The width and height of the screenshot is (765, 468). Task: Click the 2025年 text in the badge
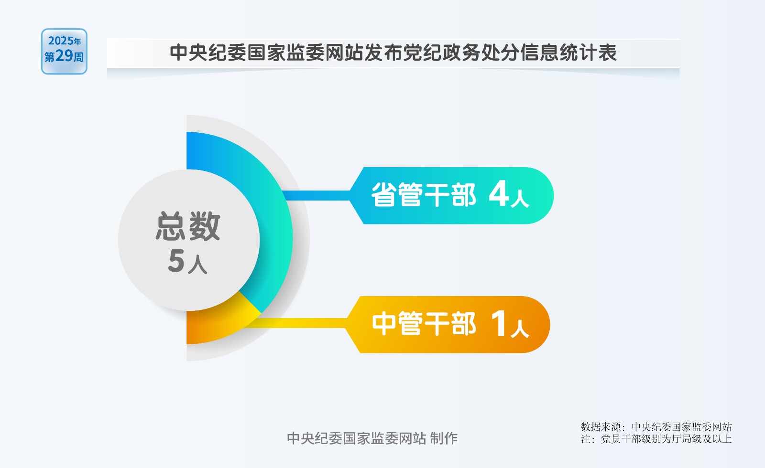tap(65, 41)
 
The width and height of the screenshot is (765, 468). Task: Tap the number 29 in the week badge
tap(64, 55)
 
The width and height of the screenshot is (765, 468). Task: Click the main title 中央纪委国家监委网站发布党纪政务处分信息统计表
tap(393, 53)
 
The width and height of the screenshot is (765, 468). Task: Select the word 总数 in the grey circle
tap(188, 226)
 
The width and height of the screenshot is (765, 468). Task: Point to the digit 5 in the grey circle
tap(176, 261)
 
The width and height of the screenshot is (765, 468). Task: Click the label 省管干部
tap(424, 195)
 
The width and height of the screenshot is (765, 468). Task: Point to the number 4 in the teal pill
tap(499, 194)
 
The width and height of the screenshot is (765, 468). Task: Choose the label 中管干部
tap(424, 323)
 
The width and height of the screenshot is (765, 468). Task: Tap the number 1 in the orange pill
tap(499, 323)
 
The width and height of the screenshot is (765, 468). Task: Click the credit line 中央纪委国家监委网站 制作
tap(372, 438)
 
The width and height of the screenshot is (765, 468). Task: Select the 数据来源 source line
tap(656, 427)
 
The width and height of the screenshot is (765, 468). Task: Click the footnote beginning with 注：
tap(656, 439)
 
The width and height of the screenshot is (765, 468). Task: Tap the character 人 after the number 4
tap(520, 199)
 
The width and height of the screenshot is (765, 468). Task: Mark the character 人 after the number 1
tap(520, 328)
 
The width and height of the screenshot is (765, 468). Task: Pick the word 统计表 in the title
tap(588, 53)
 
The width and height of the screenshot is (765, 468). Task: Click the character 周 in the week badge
tap(79, 57)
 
